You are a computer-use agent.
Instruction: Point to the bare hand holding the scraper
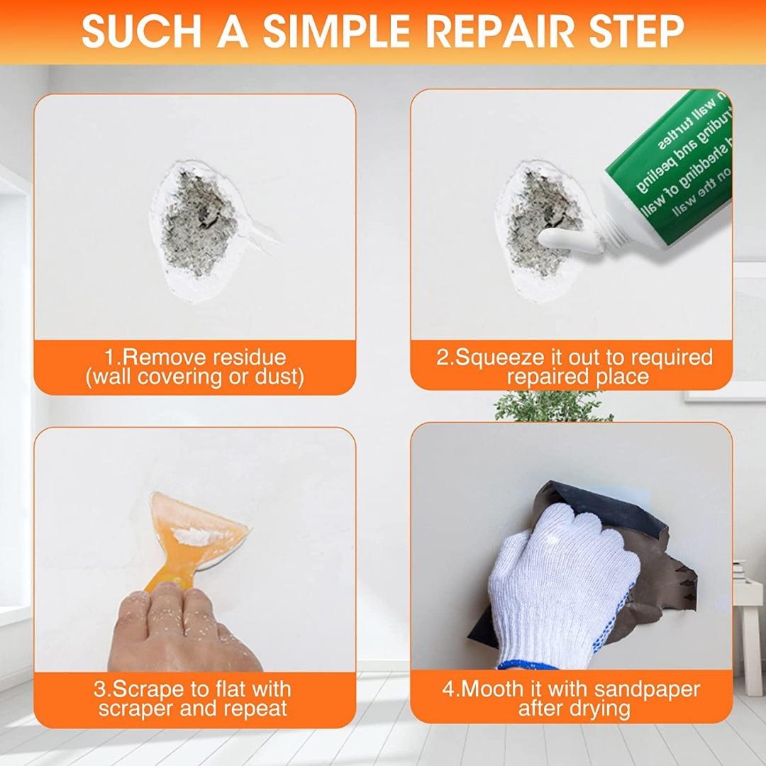tap(177, 628)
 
